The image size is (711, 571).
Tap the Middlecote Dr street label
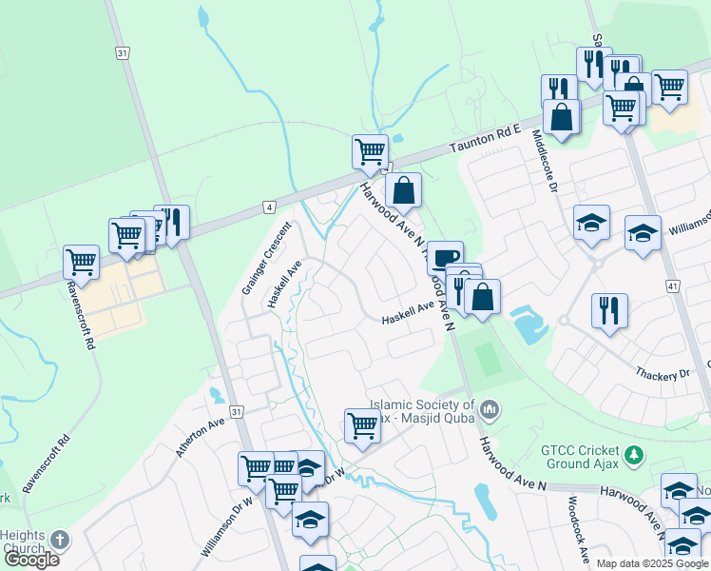543,163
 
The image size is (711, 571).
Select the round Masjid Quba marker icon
490,410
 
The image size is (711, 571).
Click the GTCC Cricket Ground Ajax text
582,457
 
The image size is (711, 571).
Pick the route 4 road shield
270,207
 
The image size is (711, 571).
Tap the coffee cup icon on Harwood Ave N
445,257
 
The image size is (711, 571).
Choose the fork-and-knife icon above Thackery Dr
609,309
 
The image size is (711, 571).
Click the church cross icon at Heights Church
59,541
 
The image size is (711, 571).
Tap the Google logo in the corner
31,560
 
